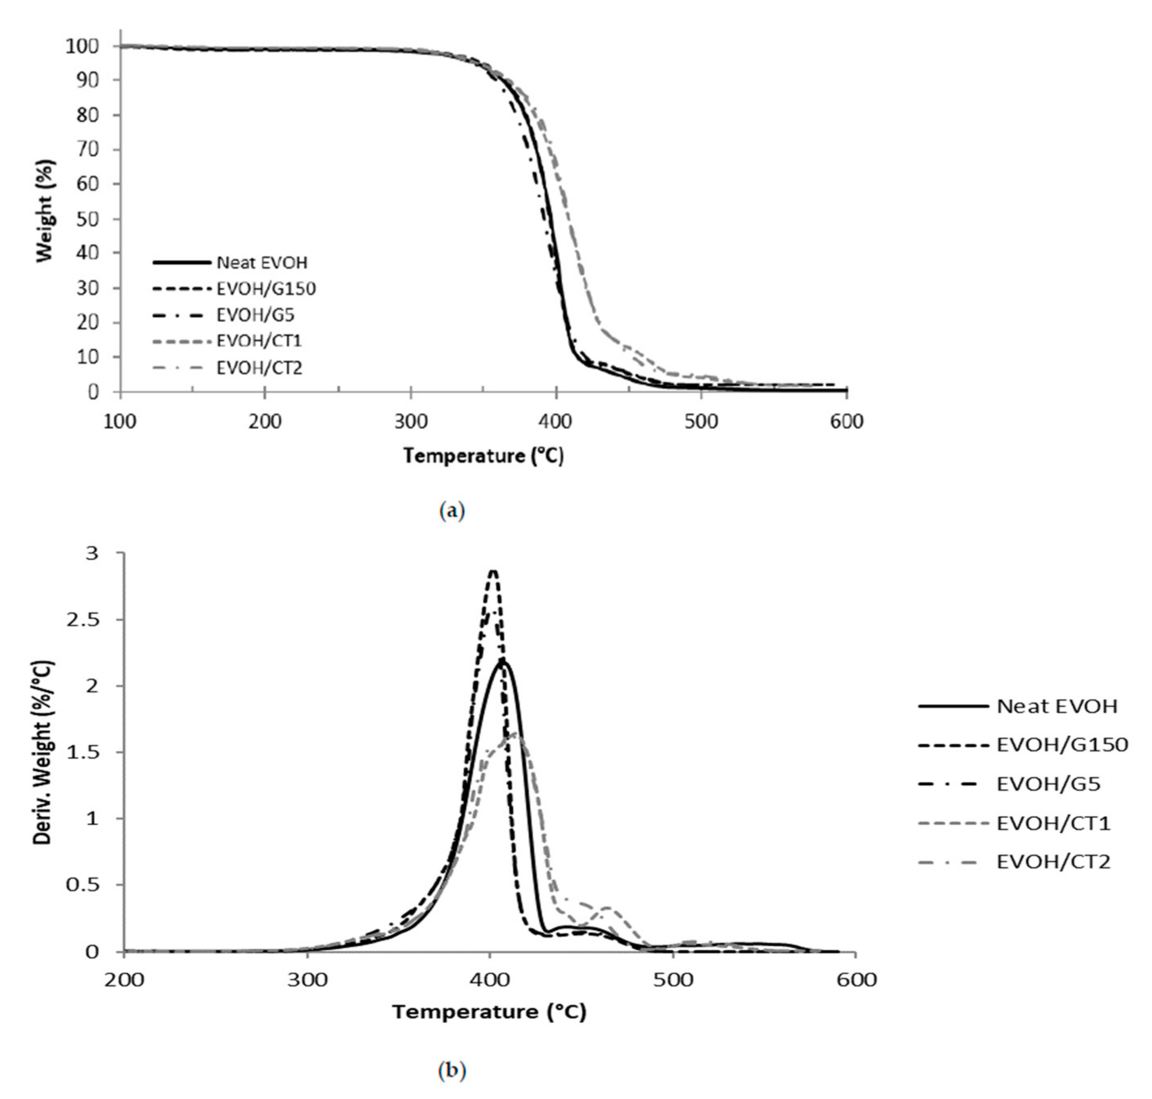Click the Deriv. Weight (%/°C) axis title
(x=44, y=753)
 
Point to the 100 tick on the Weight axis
(x=85, y=46)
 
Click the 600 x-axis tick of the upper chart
(x=846, y=422)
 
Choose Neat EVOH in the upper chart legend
(x=262, y=263)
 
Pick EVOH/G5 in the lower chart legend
(x=1048, y=784)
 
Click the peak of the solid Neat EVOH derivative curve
(x=503, y=661)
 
